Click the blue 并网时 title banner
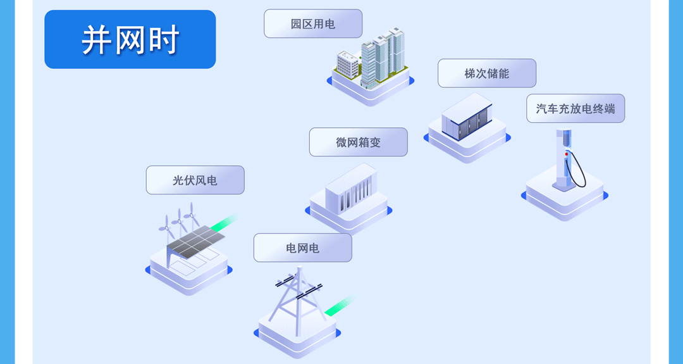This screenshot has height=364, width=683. click(130, 39)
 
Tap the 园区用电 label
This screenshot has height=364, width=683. click(313, 24)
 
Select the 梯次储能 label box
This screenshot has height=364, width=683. click(486, 73)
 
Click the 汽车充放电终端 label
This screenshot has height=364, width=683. click(575, 108)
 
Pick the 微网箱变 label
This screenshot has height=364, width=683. click(358, 142)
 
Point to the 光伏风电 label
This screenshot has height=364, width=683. click(195, 180)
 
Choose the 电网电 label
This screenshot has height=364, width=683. click(302, 248)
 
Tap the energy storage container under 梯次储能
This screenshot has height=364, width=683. click(467, 118)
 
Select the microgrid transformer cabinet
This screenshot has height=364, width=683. click(351, 188)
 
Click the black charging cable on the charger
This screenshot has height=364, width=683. click(579, 171)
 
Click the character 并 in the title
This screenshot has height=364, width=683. click(96, 40)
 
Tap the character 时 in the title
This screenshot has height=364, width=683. click(163, 40)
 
